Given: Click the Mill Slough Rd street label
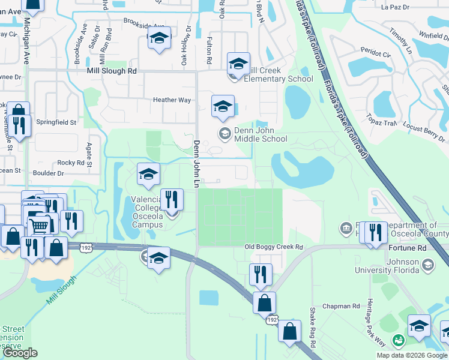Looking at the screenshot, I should point(111,71).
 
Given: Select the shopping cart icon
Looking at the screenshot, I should point(40,226).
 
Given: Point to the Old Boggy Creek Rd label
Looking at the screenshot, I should point(274,247).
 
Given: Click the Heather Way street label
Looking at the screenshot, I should point(172,100).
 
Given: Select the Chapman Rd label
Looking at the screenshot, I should point(340,306).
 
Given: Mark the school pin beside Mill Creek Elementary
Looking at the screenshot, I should point(238,64).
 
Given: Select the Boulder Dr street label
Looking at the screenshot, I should point(51,173).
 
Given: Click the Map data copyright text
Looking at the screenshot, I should point(412,355).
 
